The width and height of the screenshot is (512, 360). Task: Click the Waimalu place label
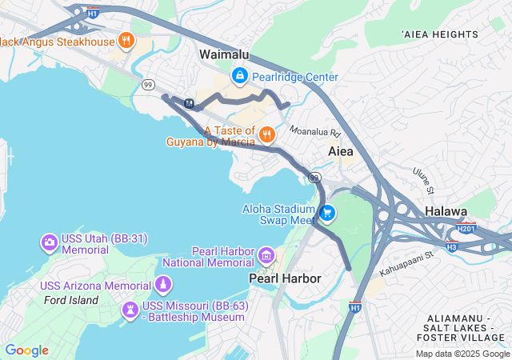(224, 54)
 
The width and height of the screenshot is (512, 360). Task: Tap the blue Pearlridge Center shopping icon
(238, 76)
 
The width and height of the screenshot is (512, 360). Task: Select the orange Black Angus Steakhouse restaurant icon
(126, 40)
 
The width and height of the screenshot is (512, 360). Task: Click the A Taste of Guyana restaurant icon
(266, 134)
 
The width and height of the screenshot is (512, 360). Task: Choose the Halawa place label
(446, 211)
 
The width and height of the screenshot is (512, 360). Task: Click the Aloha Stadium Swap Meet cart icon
(326, 213)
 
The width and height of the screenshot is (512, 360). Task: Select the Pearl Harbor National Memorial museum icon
(266, 255)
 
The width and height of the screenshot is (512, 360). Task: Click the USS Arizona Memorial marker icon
(163, 285)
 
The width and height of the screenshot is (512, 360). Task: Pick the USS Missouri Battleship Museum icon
(130, 310)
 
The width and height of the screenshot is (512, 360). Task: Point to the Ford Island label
(71, 300)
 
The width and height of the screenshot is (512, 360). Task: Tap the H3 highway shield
(452, 246)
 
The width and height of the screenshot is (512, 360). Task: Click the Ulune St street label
(423, 179)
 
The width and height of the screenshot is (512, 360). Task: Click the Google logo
(27, 350)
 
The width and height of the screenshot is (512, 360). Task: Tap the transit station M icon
(189, 103)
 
